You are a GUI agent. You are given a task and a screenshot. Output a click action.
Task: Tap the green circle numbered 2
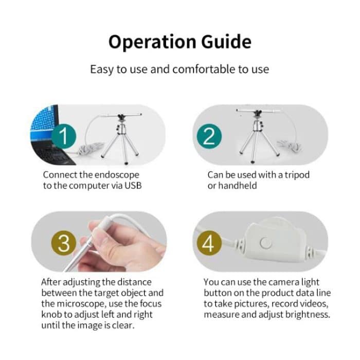209,136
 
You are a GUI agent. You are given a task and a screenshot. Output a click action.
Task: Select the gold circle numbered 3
63,243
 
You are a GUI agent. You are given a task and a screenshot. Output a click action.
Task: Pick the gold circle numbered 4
208,243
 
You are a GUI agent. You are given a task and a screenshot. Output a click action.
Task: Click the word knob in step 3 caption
53,314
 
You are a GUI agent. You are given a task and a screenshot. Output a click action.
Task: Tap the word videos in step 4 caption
313,303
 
